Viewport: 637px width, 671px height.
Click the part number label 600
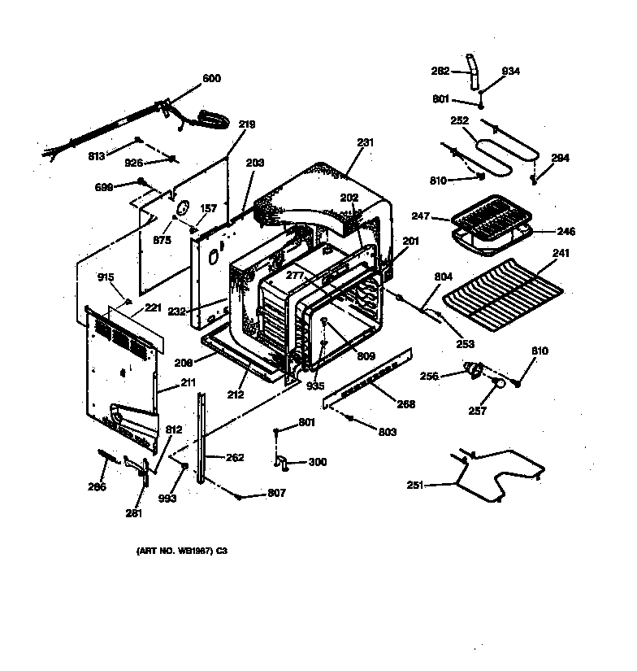tap(211, 79)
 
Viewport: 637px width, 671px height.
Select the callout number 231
tap(366, 142)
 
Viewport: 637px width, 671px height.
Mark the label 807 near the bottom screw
tap(276, 494)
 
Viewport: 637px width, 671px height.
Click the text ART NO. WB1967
tap(180, 551)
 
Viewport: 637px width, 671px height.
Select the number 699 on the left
tap(104, 186)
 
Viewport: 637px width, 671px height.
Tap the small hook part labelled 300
tap(282, 462)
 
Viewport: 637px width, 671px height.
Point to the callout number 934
tap(510, 72)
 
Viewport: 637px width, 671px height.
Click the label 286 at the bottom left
tap(97, 487)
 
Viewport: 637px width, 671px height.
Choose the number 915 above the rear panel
tap(106, 277)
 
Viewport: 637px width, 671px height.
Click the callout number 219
tap(247, 124)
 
